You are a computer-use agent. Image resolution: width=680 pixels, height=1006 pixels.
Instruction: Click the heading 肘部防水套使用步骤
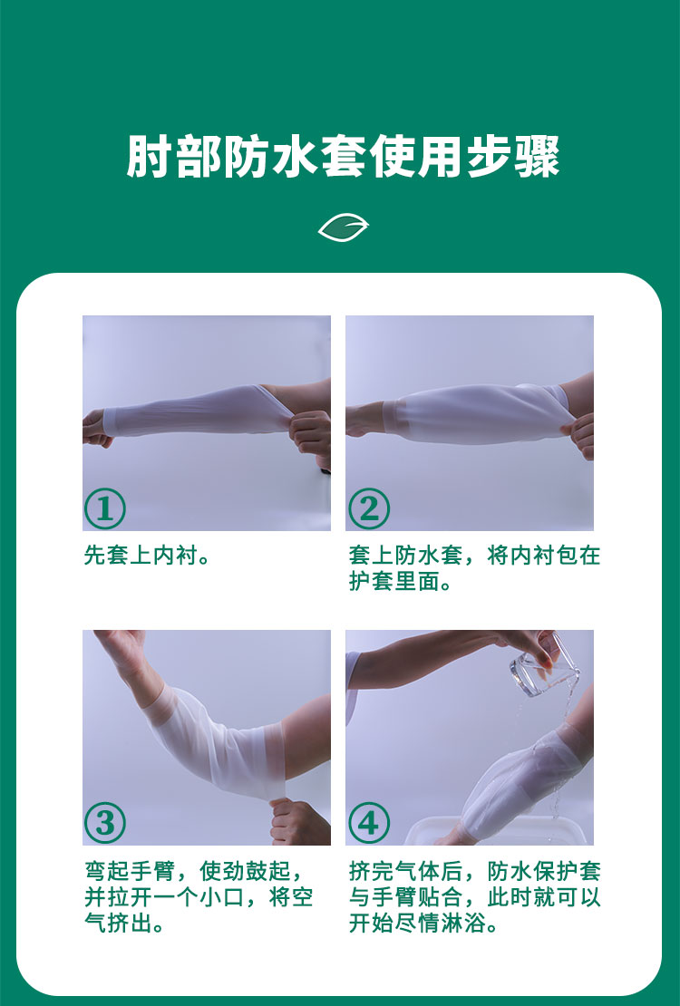343,157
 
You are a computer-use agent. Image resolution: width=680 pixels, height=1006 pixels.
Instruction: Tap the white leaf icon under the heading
344,227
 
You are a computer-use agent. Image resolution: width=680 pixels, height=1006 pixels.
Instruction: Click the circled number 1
104,508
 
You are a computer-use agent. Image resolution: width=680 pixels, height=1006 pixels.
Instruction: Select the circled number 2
369,508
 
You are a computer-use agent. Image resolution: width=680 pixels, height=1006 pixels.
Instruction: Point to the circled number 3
104,823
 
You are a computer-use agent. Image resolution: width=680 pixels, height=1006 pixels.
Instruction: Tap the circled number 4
369,823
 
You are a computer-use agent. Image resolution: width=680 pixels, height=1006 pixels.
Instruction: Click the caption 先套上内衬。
147,556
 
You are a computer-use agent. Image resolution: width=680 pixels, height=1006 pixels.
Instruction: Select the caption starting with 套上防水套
474,568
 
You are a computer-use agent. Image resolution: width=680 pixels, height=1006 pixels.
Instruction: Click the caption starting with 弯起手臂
199,897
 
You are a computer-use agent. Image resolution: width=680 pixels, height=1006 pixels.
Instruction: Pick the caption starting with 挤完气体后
474,897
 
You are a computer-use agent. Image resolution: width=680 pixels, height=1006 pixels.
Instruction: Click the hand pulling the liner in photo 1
311,433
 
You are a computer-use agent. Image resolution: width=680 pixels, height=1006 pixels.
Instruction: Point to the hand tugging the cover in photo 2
578,435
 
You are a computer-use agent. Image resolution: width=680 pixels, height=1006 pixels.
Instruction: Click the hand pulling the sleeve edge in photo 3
298,822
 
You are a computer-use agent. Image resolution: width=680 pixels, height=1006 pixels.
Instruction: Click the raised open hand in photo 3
123,649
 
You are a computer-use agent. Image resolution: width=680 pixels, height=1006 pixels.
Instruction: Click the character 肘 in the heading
149,157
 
